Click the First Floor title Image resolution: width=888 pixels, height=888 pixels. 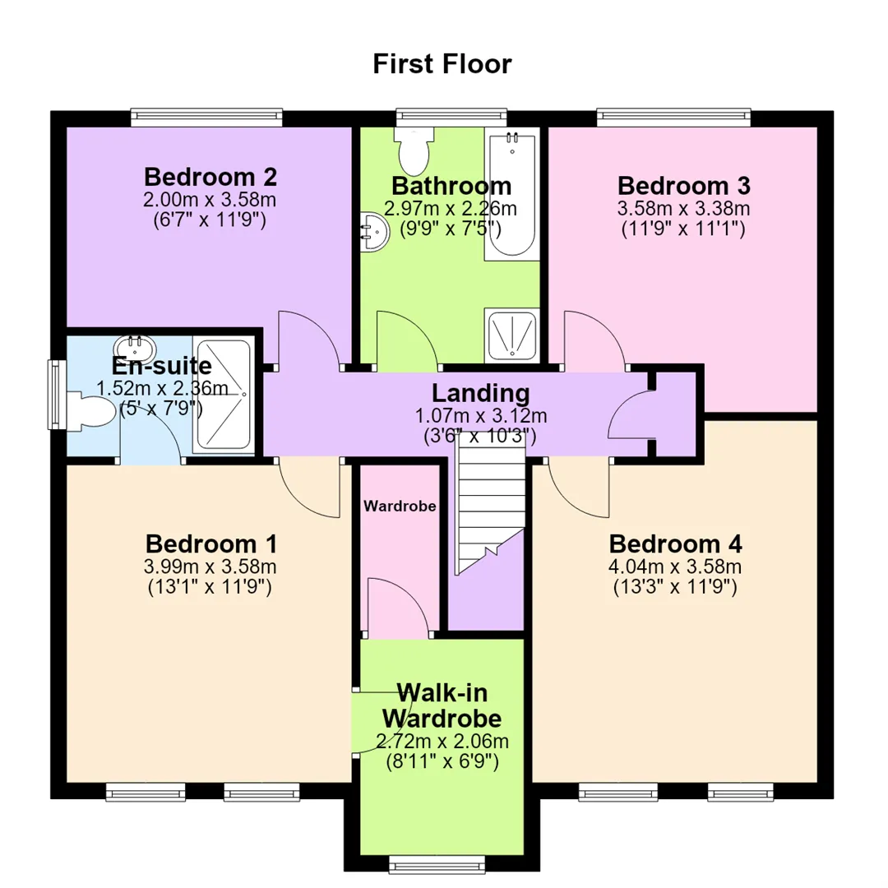coord(442,63)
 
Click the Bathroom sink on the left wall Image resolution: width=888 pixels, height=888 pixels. coord(375,232)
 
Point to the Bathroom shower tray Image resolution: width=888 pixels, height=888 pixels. coord(512,335)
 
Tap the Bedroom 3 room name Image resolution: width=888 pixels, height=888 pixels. coord(683,186)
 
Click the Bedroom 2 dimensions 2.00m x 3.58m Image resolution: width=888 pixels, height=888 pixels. coord(210,199)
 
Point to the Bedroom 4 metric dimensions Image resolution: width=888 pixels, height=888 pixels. coord(674,567)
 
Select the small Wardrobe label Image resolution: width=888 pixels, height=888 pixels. coord(400,506)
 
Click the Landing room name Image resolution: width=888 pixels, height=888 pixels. coord(481,393)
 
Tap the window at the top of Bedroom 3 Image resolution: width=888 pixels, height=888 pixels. coord(674,118)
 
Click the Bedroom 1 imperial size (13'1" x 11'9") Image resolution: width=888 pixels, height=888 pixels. coord(210,587)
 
